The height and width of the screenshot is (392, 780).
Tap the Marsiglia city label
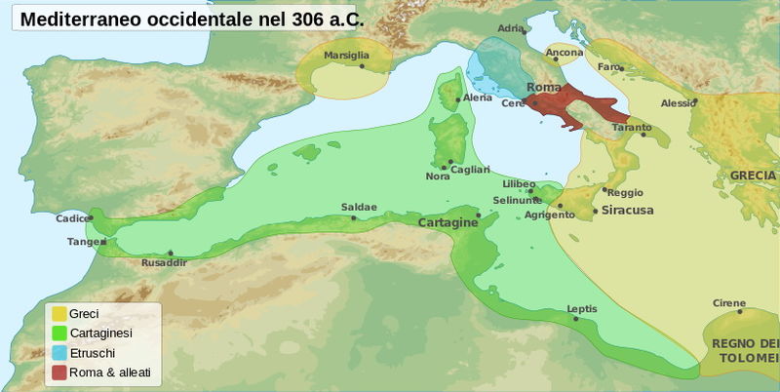[347, 55]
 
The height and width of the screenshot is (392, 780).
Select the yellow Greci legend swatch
[59, 313]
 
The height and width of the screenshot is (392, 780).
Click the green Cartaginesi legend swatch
[59, 333]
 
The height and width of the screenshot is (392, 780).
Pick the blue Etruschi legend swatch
[59, 353]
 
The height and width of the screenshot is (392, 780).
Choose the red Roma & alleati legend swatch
[59, 372]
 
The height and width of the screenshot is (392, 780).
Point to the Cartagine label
[447, 223]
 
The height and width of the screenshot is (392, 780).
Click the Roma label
[544, 88]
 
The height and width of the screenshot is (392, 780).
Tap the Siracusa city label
[626, 210]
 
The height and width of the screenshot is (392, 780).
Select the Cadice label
[71, 218]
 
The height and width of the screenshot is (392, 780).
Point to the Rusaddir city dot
[171, 253]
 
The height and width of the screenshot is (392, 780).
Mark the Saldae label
[357, 207]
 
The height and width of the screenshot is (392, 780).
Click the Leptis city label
[581, 309]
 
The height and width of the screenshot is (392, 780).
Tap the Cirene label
[728, 302]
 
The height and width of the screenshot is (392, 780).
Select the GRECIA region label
[752, 176]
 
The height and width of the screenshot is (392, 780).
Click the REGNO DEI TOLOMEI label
[745, 349]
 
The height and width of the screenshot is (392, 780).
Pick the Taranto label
[632, 128]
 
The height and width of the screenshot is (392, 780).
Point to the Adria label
[510, 28]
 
